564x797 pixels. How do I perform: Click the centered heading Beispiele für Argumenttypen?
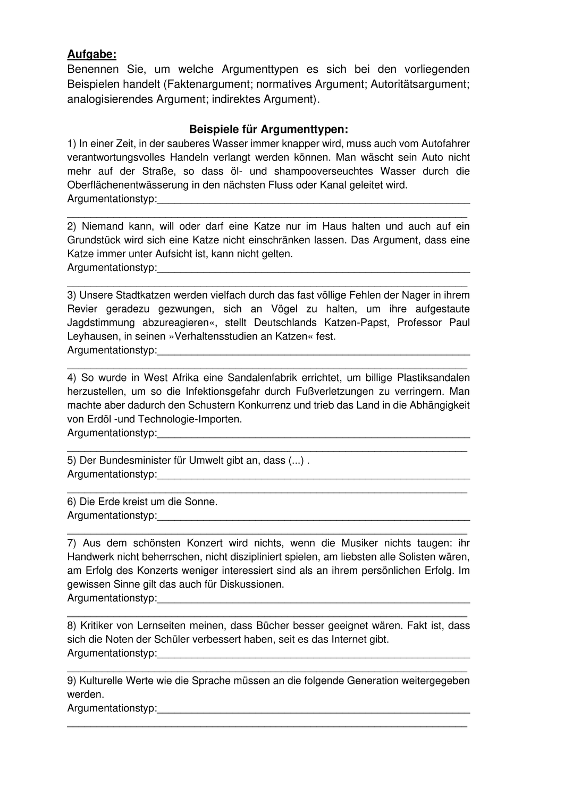click(x=268, y=129)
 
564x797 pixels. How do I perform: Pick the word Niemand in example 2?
click(x=103, y=226)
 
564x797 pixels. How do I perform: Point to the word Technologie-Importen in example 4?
click(x=195, y=419)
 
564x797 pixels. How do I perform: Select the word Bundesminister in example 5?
click(x=133, y=460)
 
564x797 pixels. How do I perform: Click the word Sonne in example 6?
click(x=200, y=502)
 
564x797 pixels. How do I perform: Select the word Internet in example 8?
click(x=350, y=640)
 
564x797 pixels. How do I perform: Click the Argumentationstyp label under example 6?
click(x=112, y=515)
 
